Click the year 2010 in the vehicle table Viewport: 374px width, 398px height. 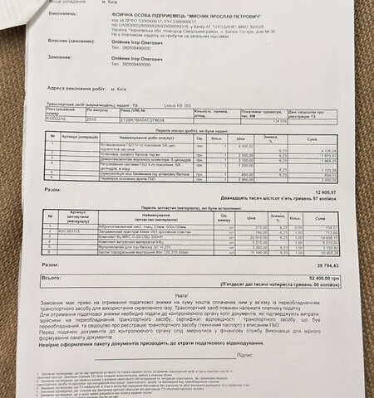tap(91, 119)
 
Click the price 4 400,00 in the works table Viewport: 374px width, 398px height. tap(246, 145)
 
